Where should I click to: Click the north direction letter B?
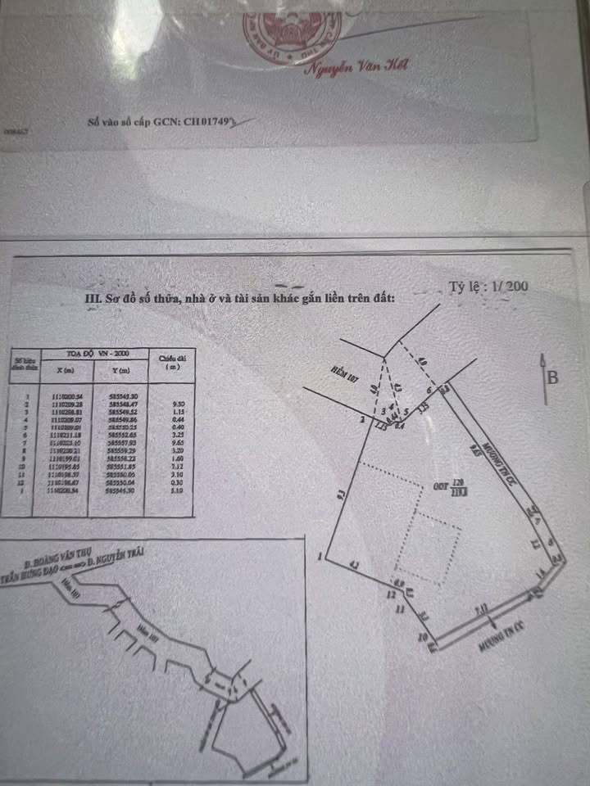pos(553,377)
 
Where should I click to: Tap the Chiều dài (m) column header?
pos(170,362)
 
